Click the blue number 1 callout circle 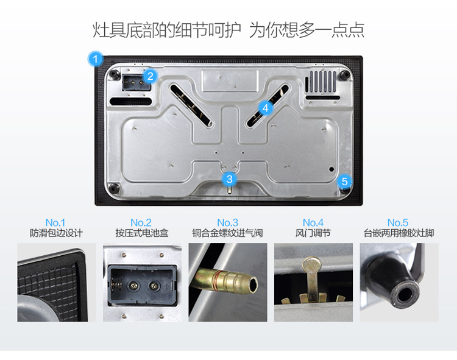[x=95, y=59]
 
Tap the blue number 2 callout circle [x=151, y=76]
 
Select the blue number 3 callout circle [x=229, y=179]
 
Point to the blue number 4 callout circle [x=265, y=108]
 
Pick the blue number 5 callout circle [x=344, y=182]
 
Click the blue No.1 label [x=55, y=223]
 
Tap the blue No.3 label [x=228, y=223]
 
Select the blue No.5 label [x=398, y=223]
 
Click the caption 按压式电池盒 [x=142, y=233]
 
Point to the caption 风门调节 [x=313, y=233]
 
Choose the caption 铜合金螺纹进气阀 [x=228, y=233]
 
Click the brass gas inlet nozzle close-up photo [x=228, y=283]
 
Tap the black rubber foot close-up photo [x=399, y=283]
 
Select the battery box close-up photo [x=142, y=283]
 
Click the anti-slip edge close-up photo [x=57, y=283]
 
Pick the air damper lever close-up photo [x=313, y=283]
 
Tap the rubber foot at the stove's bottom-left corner [x=114, y=188]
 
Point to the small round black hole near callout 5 [x=331, y=169]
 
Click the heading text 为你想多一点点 [x=307, y=30]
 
